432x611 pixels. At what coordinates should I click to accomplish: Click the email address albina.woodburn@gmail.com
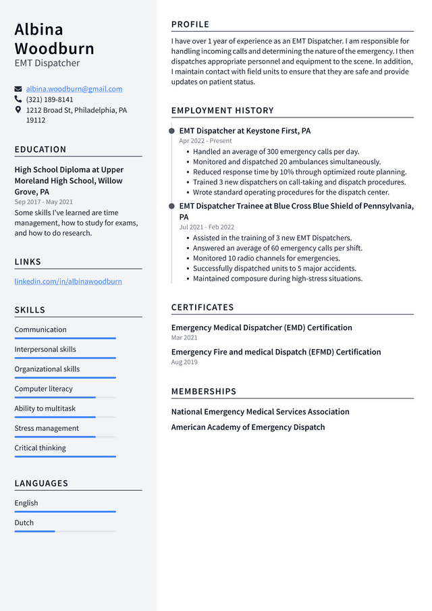tap(74, 89)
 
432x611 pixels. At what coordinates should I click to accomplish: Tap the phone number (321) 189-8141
tap(49, 99)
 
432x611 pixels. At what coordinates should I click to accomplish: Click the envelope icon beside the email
tap(18, 89)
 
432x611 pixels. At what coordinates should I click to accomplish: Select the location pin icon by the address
tap(18, 109)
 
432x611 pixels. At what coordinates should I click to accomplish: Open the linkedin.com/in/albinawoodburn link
tap(68, 282)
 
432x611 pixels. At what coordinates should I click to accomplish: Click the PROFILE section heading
tap(190, 24)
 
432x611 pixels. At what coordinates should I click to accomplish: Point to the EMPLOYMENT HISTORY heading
tap(222, 111)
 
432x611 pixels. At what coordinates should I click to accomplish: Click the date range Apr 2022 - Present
tap(205, 141)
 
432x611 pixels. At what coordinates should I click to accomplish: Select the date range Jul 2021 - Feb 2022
tap(207, 228)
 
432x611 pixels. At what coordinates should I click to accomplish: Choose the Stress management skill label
tap(47, 428)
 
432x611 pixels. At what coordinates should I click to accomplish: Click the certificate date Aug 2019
tap(184, 363)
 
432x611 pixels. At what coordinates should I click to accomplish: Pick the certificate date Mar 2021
tap(184, 338)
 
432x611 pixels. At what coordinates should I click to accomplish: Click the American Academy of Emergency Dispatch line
tap(248, 427)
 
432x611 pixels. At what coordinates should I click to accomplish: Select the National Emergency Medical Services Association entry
tap(260, 412)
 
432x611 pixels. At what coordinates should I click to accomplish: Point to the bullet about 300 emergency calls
tap(275, 152)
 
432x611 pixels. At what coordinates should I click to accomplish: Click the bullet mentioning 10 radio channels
tap(266, 258)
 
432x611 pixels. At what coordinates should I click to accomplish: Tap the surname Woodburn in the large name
tap(55, 49)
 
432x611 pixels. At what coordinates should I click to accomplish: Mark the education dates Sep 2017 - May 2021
tap(44, 202)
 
